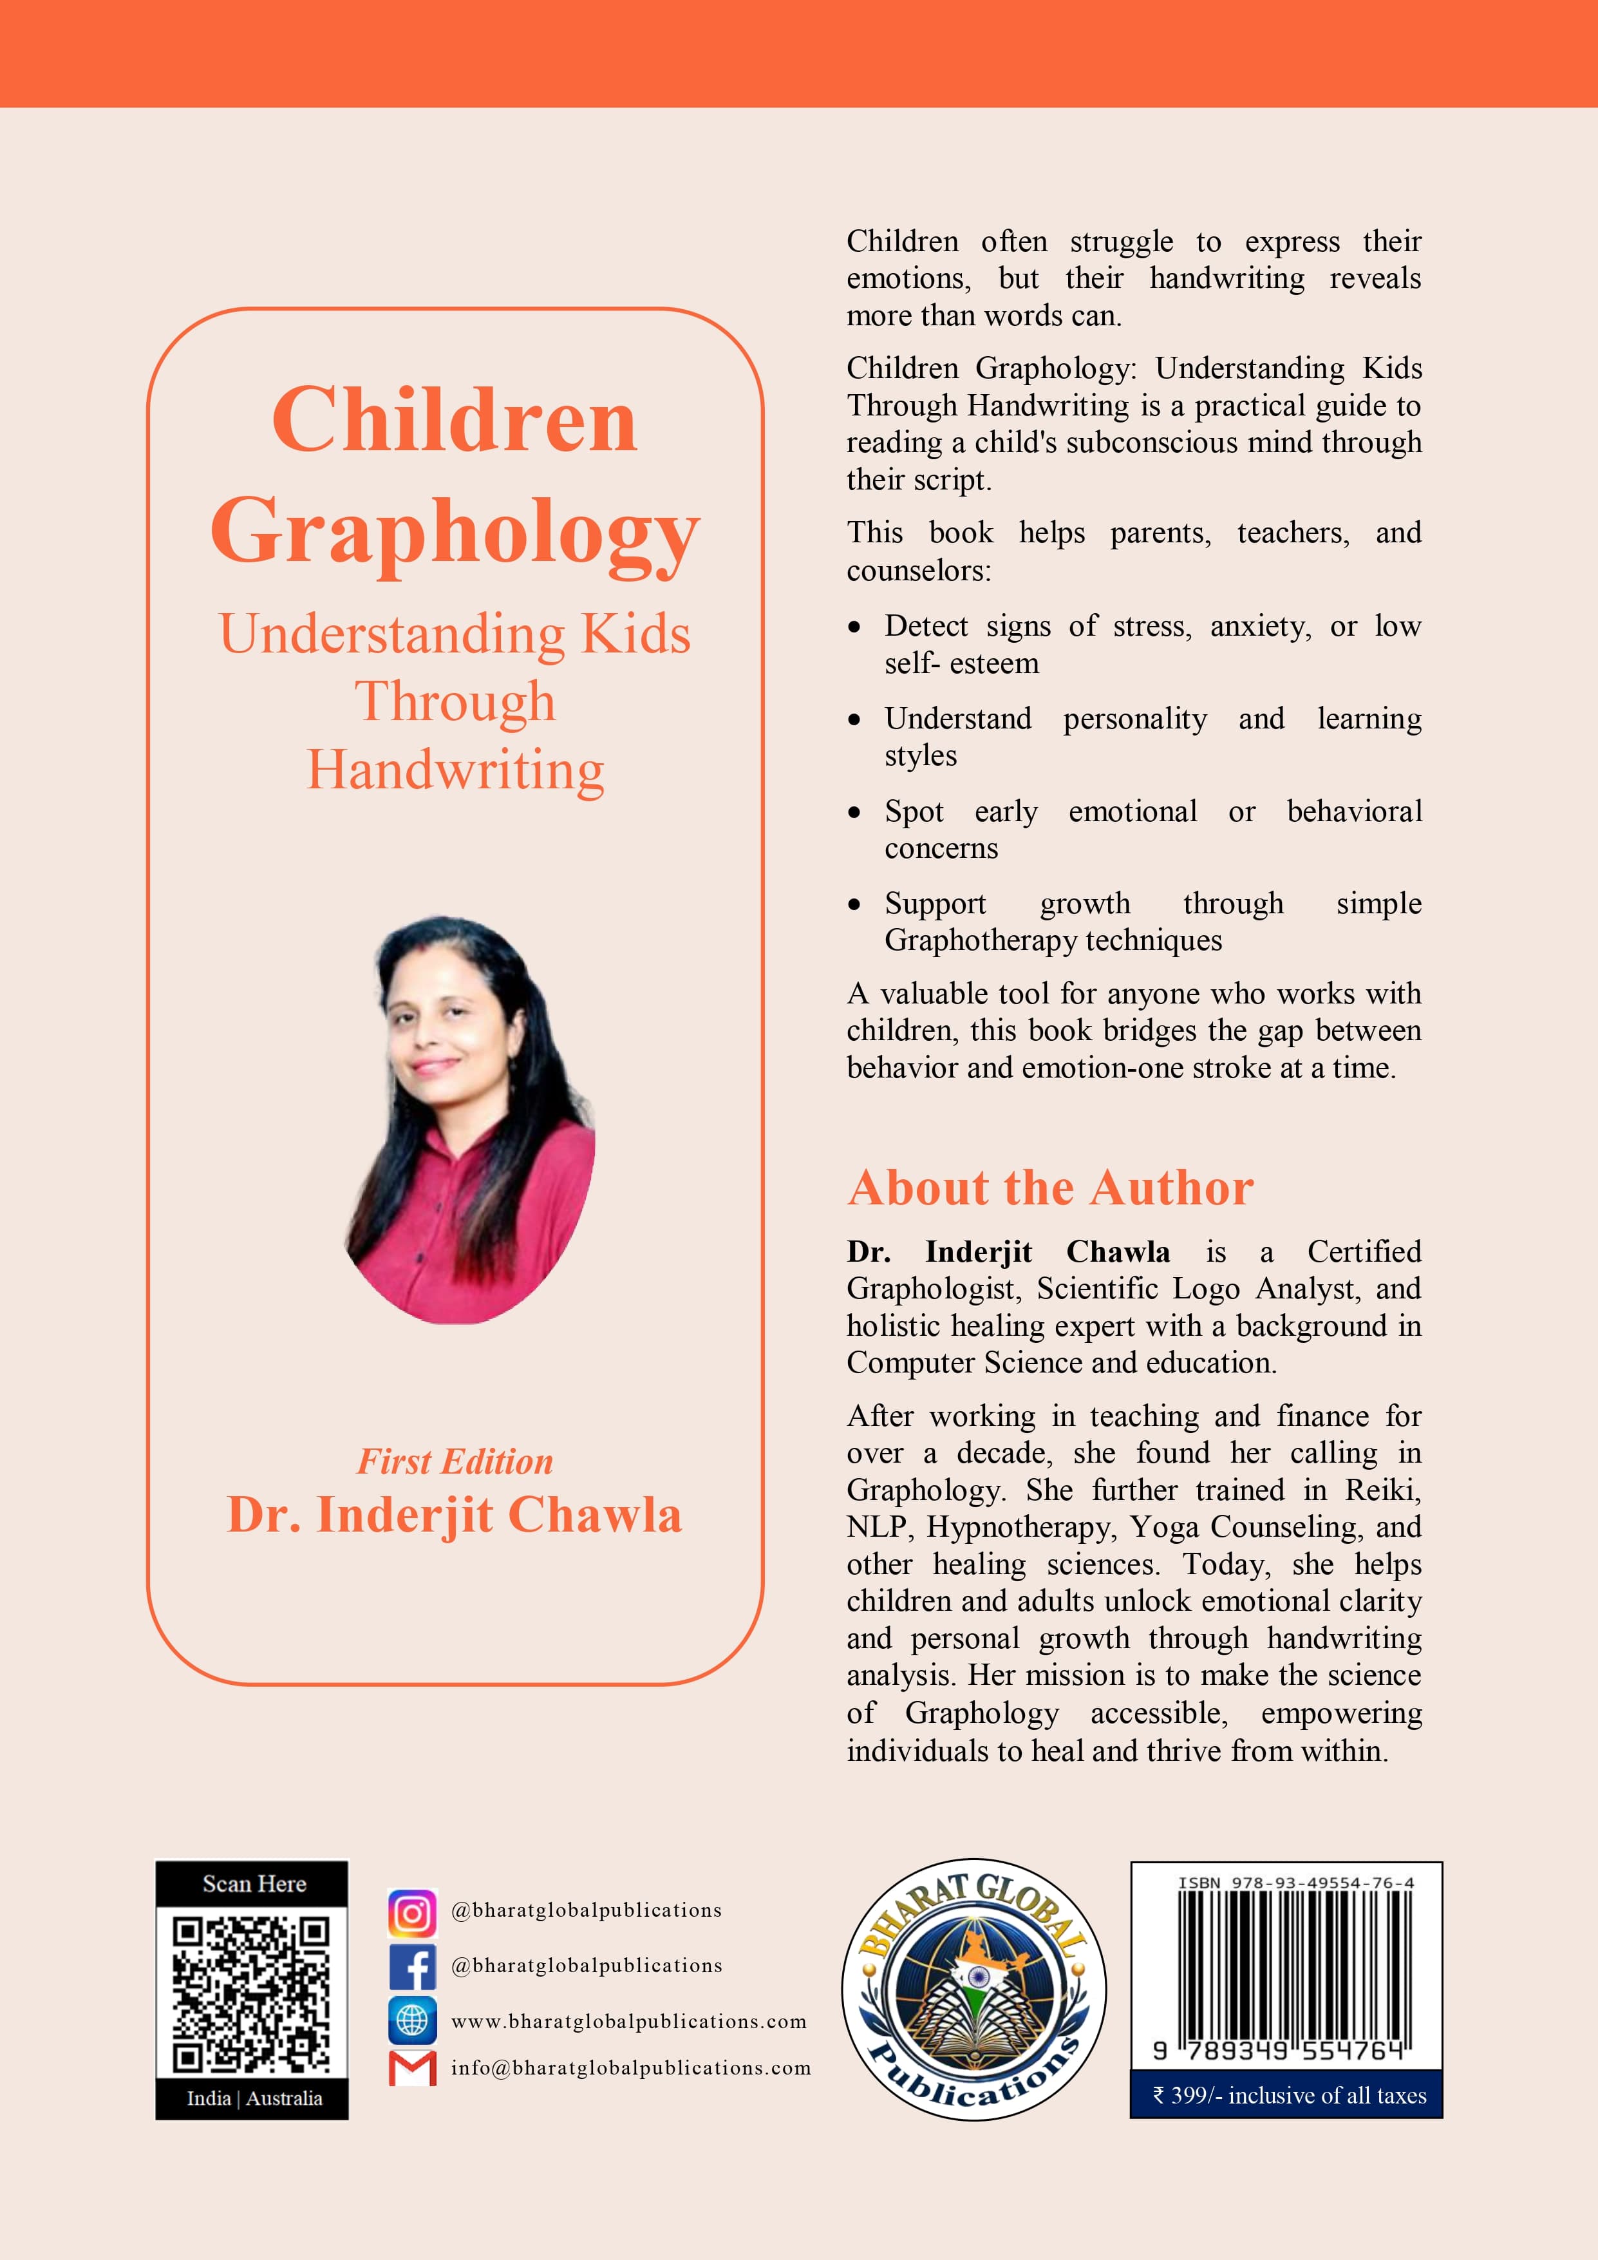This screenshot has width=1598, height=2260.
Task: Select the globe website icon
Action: pyautogui.click(x=412, y=2021)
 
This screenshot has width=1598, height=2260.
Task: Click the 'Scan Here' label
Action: pyautogui.click(x=254, y=1884)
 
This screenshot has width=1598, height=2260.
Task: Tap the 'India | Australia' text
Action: pyautogui.click(x=254, y=2098)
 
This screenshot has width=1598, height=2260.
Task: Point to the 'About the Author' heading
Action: pyautogui.click(x=1050, y=1188)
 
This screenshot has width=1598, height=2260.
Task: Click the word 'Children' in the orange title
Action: pyautogui.click(x=455, y=421)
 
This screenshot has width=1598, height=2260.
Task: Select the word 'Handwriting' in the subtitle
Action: pyautogui.click(x=455, y=770)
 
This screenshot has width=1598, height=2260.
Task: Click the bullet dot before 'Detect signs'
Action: pyautogui.click(x=855, y=628)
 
